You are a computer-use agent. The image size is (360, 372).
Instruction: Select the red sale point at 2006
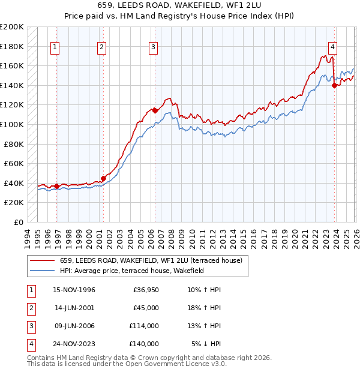[x=155, y=110]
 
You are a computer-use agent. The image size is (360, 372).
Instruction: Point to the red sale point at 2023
[x=334, y=85]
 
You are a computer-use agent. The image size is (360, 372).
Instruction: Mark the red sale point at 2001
[x=103, y=178]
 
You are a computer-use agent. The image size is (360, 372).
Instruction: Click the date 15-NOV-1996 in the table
[x=74, y=290]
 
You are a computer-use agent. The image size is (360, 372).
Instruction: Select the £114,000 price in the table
[x=145, y=326]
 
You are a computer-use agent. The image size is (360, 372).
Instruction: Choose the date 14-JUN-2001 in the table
[x=74, y=308]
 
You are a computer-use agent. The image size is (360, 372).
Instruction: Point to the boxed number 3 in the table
[x=31, y=326]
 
